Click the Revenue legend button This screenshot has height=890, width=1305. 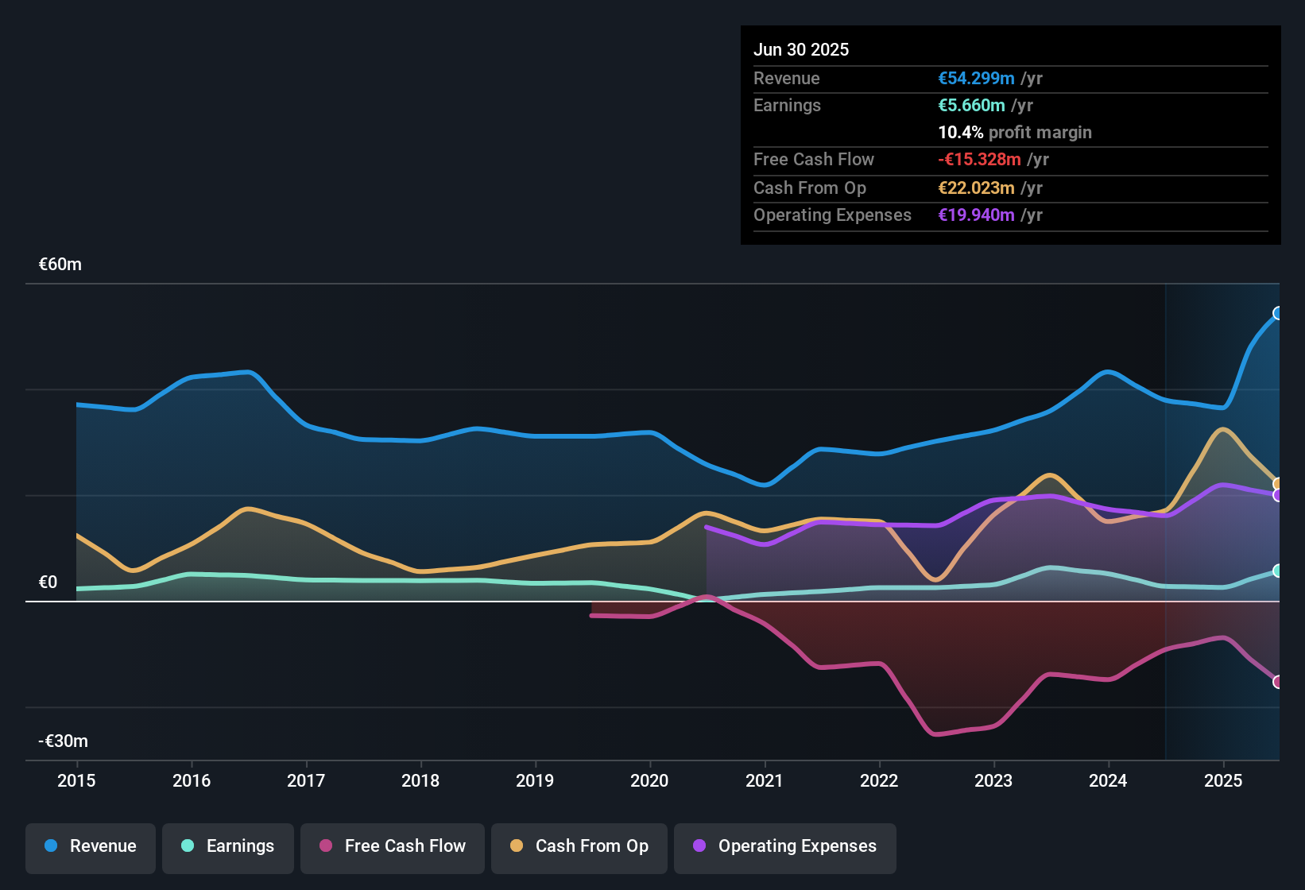[x=91, y=846]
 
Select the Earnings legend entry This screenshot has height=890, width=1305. [x=228, y=846]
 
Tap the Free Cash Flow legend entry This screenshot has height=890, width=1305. [x=393, y=846]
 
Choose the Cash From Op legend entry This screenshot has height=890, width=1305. [x=579, y=846]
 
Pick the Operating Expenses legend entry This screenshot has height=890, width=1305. [x=785, y=846]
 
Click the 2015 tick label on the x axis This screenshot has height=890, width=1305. [x=76, y=780]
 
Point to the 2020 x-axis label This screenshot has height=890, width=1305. [x=649, y=780]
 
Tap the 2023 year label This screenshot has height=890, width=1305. [x=993, y=780]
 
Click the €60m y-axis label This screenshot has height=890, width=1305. [x=60, y=265]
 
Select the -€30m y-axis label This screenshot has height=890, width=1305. [x=64, y=741]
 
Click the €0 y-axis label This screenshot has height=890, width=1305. [x=48, y=582]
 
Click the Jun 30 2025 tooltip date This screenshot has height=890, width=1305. [x=801, y=50]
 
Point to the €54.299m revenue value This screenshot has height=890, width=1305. [x=976, y=79]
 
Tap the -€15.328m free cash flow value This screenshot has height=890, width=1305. [x=979, y=160]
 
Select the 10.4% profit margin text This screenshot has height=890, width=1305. [x=1015, y=133]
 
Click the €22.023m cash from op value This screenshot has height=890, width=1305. [x=976, y=188]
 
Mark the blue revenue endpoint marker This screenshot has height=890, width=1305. [x=1277, y=313]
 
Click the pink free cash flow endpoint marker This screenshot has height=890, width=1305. [x=1277, y=682]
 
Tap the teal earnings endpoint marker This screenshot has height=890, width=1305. [x=1277, y=571]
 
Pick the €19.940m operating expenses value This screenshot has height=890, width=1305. [x=976, y=215]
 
